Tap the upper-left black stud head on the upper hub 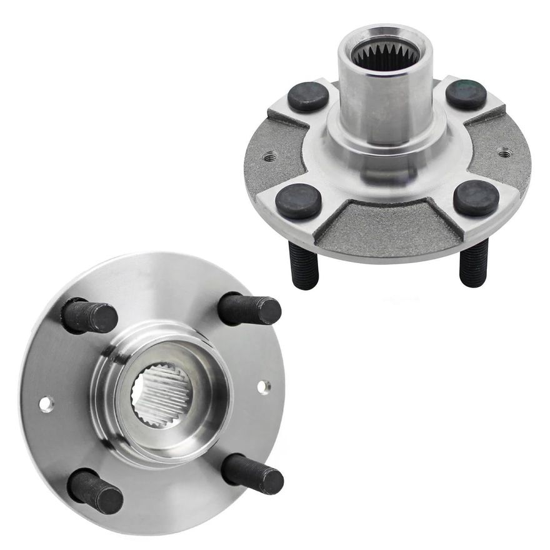click(307, 97)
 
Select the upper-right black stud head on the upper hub click(466, 94)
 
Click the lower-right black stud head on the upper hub click(476, 198)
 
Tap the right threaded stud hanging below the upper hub click(473, 262)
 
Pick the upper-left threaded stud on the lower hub click(90, 316)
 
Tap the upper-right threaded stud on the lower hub click(250, 309)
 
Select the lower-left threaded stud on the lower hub click(95, 491)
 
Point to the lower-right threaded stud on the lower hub click(252, 473)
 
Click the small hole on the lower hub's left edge click(46, 404)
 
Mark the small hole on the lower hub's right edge click(264, 386)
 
